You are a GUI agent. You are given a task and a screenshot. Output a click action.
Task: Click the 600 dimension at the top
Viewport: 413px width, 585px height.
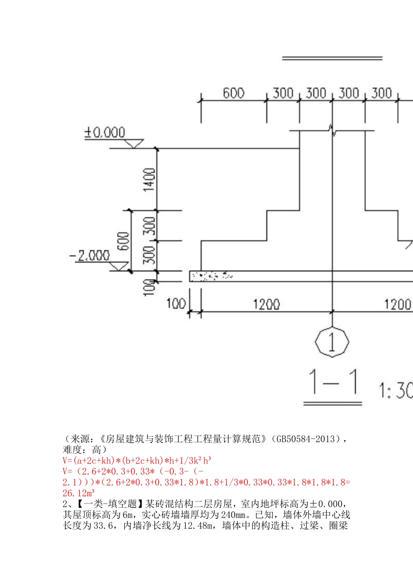233,93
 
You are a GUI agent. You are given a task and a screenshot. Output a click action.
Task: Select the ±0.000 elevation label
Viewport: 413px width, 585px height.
105,132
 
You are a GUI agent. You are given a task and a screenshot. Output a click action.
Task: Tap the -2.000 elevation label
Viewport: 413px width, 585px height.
89,256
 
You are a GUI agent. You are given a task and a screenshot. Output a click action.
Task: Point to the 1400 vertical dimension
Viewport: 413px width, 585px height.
149,179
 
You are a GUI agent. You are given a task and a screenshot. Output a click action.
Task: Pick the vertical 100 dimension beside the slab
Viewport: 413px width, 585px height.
149,288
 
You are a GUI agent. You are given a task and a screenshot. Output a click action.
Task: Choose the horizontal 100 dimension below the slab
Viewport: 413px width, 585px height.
176,303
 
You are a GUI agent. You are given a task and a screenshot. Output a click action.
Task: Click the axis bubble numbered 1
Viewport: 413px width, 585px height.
332,342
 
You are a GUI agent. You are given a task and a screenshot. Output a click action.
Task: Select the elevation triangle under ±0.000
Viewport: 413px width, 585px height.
134,143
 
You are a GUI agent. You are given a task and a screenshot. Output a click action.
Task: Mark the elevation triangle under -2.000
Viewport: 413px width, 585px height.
119,266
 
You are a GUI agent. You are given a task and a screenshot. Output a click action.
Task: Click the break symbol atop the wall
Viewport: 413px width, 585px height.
332,130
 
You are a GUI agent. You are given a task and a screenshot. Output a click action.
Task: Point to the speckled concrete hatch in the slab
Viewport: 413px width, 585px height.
212,276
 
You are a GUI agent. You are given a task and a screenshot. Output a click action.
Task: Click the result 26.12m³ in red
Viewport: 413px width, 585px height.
79,493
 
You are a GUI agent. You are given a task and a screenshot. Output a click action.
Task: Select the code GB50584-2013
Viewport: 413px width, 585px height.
305,439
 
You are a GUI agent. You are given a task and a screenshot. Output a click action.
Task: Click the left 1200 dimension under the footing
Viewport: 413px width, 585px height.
266,304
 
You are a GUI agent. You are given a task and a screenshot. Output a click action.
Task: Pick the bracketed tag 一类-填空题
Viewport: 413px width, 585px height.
111,504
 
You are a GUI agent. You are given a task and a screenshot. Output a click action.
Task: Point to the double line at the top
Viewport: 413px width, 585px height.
332,58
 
